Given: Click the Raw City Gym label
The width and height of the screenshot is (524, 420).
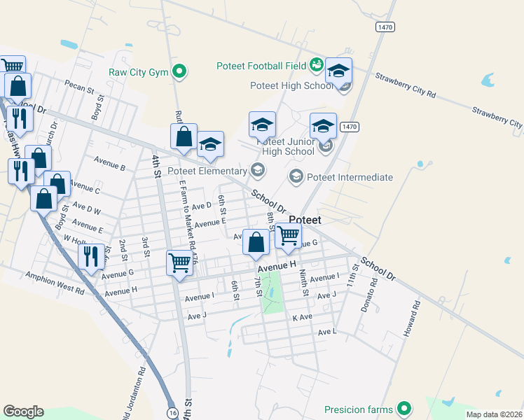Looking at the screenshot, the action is [x=139, y=71].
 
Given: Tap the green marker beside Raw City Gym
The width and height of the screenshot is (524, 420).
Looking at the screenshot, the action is [x=180, y=71].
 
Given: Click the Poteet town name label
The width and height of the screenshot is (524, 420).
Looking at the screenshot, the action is [x=305, y=220].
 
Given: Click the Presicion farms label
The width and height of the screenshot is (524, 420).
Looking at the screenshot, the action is [x=359, y=409].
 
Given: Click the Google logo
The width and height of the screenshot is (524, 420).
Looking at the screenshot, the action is [x=23, y=412].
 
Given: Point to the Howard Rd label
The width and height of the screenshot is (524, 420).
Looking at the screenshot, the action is [x=411, y=318].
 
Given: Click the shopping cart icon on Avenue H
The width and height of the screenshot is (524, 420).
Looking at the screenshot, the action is [x=180, y=262].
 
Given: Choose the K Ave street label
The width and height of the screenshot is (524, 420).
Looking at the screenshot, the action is [x=302, y=317].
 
